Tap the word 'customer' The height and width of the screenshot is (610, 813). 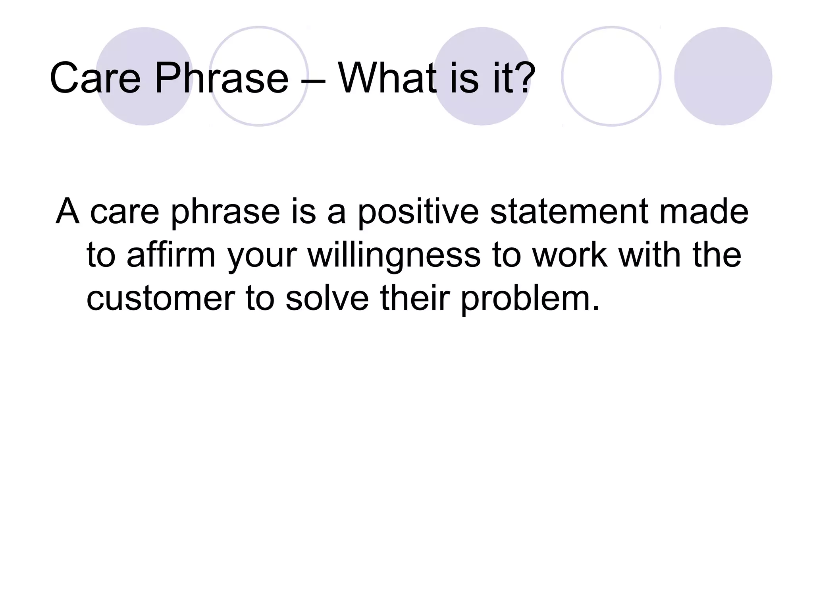[x=161, y=299]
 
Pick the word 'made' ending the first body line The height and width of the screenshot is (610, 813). [x=704, y=211]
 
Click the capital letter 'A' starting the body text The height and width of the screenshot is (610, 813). [x=67, y=211]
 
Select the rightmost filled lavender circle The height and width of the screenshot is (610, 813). [x=723, y=76]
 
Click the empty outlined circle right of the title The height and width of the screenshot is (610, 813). [x=611, y=76]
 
